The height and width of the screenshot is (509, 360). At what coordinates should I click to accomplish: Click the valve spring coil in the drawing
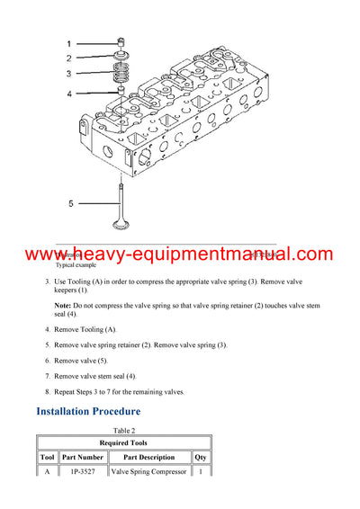point(121,72)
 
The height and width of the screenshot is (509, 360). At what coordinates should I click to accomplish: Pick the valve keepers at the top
point(121,41)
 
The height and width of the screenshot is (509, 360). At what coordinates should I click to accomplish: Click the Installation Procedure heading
point(88,411)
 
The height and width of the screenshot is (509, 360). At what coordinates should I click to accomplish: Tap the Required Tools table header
point(123,443)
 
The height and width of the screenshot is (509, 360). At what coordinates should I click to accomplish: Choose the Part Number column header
point(83,458)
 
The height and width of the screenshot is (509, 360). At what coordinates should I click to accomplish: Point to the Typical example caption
point(76,266)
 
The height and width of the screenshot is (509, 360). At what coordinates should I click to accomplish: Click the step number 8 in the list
point(48,392)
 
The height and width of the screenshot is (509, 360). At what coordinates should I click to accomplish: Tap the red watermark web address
point(180,255)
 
